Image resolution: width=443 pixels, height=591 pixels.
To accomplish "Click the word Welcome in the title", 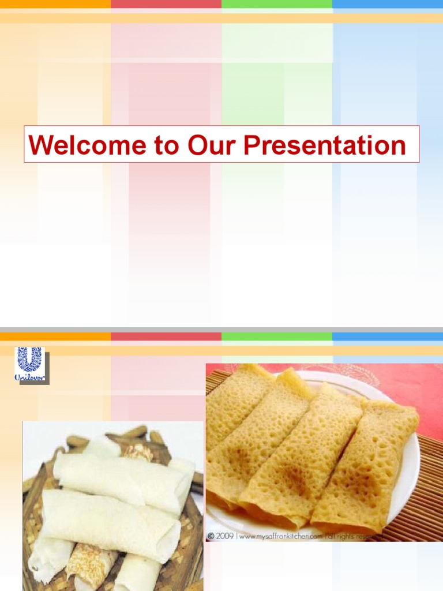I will tap(87, 145).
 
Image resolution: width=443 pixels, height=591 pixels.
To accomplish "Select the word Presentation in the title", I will tap(324, 145).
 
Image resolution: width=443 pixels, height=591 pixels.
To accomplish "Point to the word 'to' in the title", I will tap(166, 145).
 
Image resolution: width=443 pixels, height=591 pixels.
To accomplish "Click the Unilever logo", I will tap(30, 364).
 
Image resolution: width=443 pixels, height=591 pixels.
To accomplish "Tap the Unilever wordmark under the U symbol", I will tap(30, 377).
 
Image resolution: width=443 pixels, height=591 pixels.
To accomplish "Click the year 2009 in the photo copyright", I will tap(225, 536).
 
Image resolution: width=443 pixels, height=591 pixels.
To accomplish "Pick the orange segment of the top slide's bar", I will tap(55, 3).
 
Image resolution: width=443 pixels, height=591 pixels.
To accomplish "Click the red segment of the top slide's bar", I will tap(166, 3).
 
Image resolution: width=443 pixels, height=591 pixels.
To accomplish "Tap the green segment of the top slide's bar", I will tap(277, 3).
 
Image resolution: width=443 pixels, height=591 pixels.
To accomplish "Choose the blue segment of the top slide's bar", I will tap(388, 3).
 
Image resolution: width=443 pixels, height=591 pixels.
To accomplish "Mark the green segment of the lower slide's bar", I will tap(277, 336).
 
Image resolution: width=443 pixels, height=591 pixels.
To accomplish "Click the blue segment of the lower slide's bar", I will tap(388, 336).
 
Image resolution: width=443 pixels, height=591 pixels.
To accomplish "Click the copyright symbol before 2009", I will tap(211, 536).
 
